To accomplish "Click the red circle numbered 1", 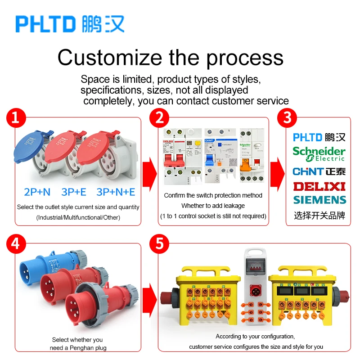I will [15, 118].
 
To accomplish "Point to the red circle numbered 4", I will [15, 244].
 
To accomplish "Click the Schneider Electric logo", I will [319, 153].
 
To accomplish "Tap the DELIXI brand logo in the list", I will [319, 186].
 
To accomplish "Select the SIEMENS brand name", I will [319, 200].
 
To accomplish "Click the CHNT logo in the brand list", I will [319, 171].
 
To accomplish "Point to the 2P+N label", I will [37, 192].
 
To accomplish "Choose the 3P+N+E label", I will [116, 192].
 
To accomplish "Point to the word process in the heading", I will [243, 58].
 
